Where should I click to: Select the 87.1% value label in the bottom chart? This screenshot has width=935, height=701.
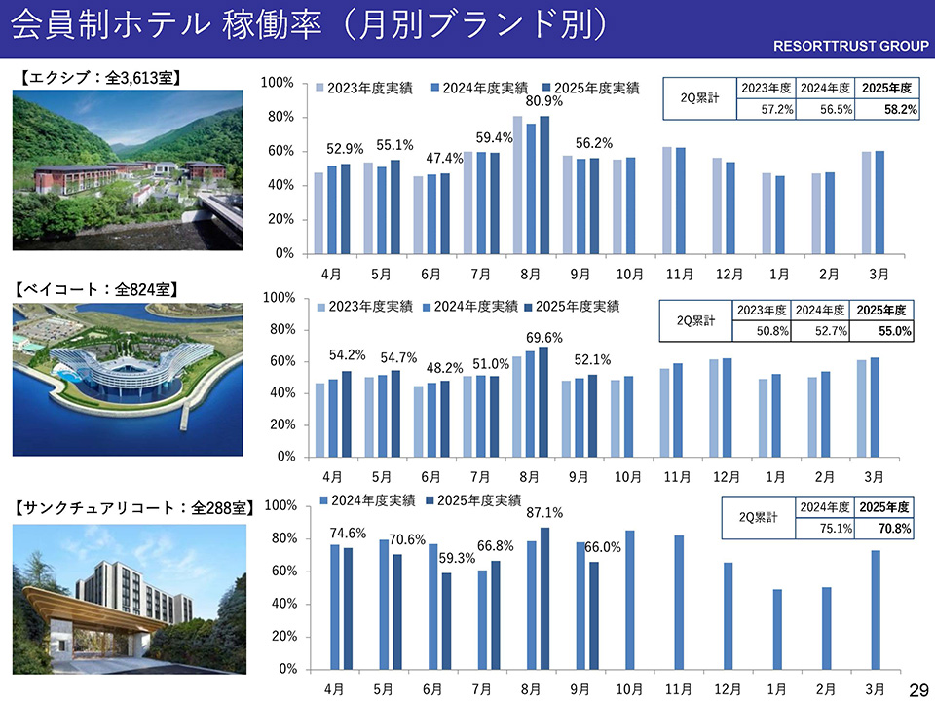[x=545, y=513]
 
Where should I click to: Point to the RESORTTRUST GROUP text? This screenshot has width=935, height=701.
[x=851, y=46]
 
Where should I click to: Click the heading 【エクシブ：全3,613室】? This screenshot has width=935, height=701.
[x=100, y=77]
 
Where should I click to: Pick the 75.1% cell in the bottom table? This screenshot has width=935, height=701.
[x=824, y=529]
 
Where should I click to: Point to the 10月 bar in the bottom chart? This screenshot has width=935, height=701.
[x=630, y=600]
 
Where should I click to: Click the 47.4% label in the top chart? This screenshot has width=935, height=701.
[x=445, y=158]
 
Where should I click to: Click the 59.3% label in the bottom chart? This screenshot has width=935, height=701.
[x=456, y=559]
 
